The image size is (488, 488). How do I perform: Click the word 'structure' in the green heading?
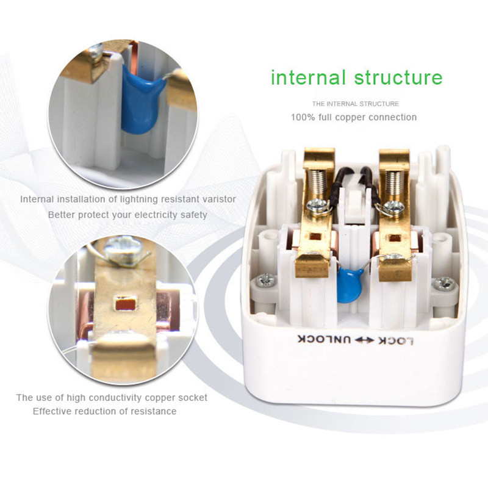coord(398,78)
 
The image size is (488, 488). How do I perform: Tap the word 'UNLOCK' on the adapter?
coord(324,339)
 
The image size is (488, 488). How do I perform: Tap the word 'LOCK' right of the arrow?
coord(396,341)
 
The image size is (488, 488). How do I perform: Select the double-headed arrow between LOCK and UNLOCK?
coord(364,340)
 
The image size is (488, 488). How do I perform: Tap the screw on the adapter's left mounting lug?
coord(265,280)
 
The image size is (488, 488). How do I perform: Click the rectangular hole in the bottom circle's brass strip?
coord(126,304)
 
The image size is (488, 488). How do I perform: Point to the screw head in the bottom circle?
coord(123,248)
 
